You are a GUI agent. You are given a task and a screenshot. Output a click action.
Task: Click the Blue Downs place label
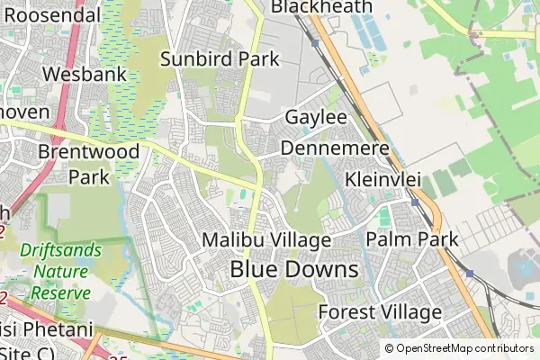[294, 269]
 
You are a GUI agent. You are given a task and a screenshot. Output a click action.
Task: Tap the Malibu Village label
[267, 240]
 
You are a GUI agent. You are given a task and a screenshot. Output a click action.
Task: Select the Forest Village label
[381, 312]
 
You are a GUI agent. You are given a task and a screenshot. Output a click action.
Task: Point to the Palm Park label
[412, 240]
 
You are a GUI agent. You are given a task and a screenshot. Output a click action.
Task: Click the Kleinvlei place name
[383, 178]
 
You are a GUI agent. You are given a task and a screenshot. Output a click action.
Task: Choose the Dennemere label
[335, 148]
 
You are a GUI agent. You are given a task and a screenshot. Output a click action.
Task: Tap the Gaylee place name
[316, 118]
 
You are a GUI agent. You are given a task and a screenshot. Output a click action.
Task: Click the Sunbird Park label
[220, 59]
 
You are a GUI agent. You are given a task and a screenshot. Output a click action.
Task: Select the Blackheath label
[321, 7]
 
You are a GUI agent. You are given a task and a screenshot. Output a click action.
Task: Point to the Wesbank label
[85, 75]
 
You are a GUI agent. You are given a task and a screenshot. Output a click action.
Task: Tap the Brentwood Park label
[89, 164]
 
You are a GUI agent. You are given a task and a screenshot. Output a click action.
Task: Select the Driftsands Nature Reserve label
[62, 271]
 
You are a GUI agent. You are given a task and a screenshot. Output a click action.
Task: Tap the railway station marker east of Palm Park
[469, 272]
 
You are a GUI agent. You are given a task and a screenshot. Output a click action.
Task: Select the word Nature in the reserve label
[60, 271]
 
